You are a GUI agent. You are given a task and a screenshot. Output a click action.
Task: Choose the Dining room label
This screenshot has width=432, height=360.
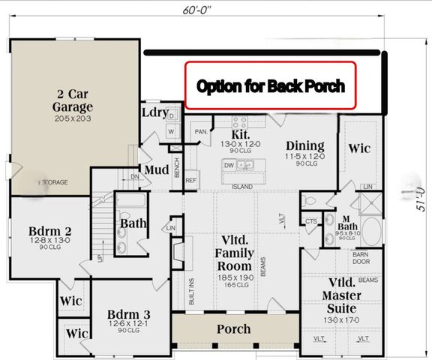[304, 145]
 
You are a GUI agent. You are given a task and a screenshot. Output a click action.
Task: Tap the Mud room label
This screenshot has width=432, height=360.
[156, 169]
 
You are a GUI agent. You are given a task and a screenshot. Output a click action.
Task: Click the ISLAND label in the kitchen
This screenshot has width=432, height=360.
[242, 187]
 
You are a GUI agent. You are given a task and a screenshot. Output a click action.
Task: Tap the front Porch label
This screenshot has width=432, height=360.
[234, 328]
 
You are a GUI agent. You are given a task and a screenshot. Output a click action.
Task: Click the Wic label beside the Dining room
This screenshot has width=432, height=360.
[359, 148]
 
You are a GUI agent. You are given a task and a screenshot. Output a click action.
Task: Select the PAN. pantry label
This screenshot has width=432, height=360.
[200, 132]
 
